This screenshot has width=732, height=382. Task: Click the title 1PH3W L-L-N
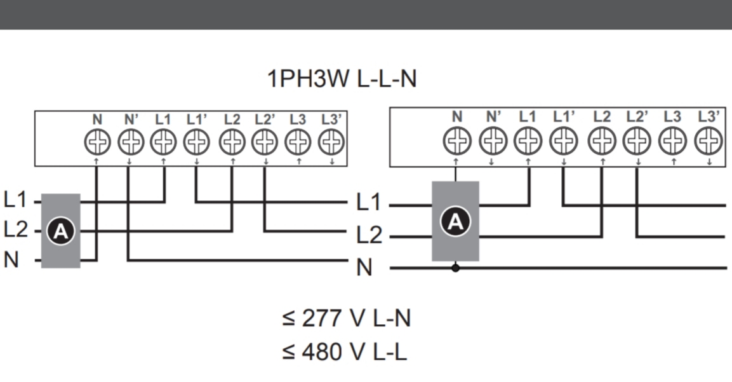(342, 79)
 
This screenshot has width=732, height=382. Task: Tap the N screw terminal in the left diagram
(96, 142)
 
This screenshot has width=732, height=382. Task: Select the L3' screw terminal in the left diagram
(330, 142)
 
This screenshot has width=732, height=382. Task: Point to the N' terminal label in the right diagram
(493, 116)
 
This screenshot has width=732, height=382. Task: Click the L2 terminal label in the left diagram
(232, 119)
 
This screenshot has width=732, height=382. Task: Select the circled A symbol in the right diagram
(455, 221)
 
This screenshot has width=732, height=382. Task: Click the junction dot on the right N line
(455, 268)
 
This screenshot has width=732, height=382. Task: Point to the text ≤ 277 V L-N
(346, 318)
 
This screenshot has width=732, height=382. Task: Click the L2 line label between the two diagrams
(369, 236)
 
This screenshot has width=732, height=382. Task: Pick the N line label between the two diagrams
(364, 268)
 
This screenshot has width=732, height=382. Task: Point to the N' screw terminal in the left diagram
(130, 142)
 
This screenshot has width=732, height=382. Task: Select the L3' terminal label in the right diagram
(709, 116)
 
